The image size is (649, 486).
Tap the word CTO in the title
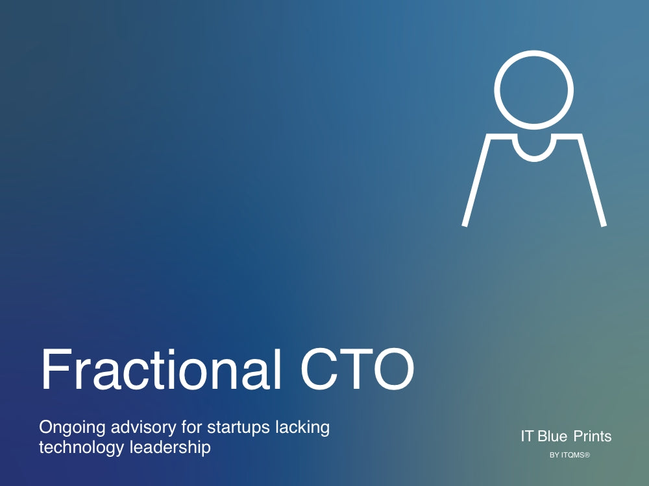[357, 369]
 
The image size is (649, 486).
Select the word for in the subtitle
[191, 427]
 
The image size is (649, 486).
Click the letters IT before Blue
[527, 436]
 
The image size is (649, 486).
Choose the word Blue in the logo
[552, 436]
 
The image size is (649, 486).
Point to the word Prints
[593, 436]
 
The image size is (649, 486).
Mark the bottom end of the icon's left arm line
[465, 226]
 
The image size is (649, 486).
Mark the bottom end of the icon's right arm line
[604, 226]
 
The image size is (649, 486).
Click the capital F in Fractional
[55, 369]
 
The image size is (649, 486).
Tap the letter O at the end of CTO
[394, 369]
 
